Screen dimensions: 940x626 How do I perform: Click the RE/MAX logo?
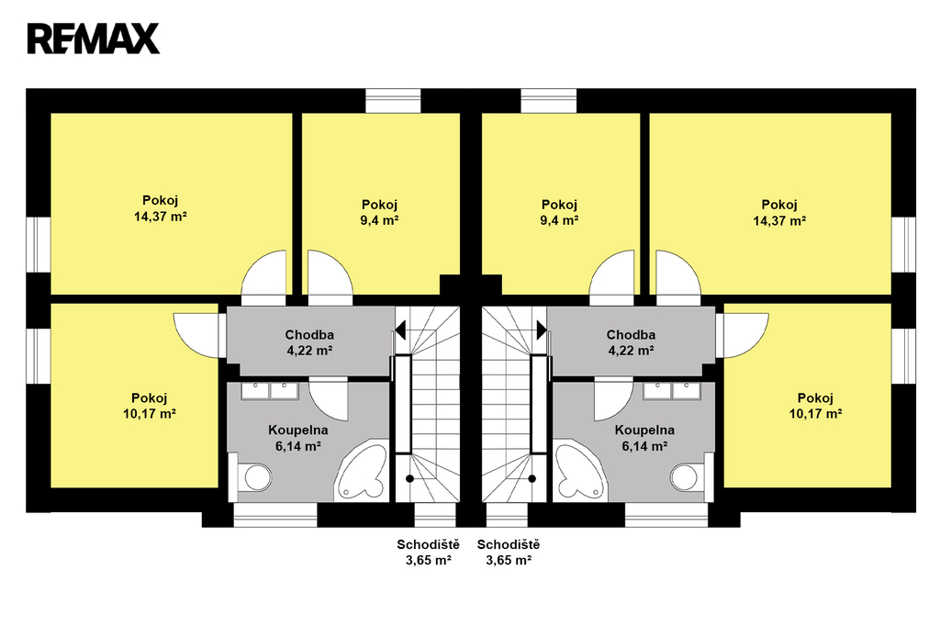coord(93,39)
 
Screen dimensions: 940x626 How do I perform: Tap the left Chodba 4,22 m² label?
coord(309,342)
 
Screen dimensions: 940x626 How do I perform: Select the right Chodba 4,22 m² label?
coord(631,342)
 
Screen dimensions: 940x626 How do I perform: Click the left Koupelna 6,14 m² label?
coord(298,438)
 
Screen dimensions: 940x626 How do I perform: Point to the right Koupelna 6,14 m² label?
coord(644,438)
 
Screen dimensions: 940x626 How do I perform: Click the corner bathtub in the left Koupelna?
coord(362,470)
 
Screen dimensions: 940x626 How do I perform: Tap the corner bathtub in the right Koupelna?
coord(580,470)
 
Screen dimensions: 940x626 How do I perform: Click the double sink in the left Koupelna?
coord(270,391)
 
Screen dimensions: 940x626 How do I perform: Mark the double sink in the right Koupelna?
coord(672,391)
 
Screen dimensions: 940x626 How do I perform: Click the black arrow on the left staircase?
coord(400,330)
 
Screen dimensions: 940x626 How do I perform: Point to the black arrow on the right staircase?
coord(542,330)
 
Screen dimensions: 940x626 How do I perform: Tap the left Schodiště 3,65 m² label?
coord(428,553)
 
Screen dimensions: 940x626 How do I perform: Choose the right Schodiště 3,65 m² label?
coord(509,553)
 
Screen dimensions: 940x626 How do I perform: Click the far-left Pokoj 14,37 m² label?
coord(160,208)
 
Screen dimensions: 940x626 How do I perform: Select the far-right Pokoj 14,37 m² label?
coord(779,212)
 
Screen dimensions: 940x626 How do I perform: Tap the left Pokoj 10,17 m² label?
coord(150,406)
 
